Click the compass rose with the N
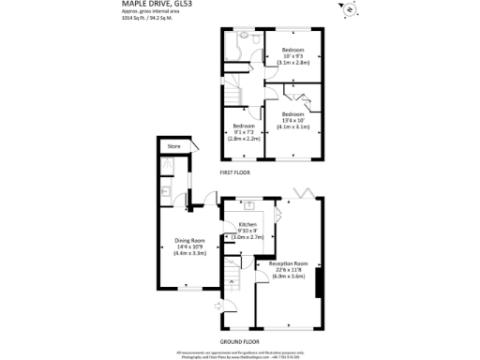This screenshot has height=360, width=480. point(350,11)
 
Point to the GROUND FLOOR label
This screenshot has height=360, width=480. point(239,341)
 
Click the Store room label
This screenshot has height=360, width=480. point(173,147)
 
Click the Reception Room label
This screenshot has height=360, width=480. point(289,263)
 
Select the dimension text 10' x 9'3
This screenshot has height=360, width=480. point(294,55)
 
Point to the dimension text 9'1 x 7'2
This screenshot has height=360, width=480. point(246,131)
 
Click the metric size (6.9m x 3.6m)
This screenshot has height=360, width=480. point(289,277)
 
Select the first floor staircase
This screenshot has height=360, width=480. point(232,94)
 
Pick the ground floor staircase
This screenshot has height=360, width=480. point(232,277)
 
